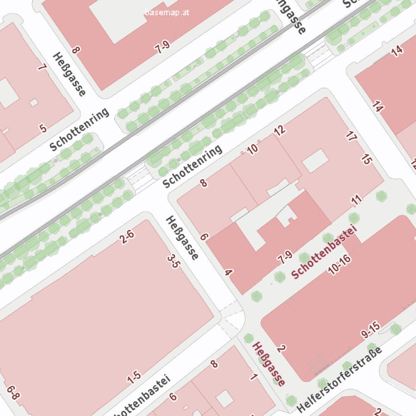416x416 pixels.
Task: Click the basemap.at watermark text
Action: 166,13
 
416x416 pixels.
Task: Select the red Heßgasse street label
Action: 269,365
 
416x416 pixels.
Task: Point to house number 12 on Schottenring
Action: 279,130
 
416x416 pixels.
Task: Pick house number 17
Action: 350,136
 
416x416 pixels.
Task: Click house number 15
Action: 367,159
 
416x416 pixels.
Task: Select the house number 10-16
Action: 340,264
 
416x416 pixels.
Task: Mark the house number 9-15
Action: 371,330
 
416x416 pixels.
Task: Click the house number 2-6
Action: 127,235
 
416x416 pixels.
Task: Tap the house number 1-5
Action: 133,376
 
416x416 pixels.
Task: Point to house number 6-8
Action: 13,392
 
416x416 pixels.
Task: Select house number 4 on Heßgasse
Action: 228,272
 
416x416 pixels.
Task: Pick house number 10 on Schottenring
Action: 252,149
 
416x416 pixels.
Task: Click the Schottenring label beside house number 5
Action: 80,129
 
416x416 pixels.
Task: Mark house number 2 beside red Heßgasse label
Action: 281,348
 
